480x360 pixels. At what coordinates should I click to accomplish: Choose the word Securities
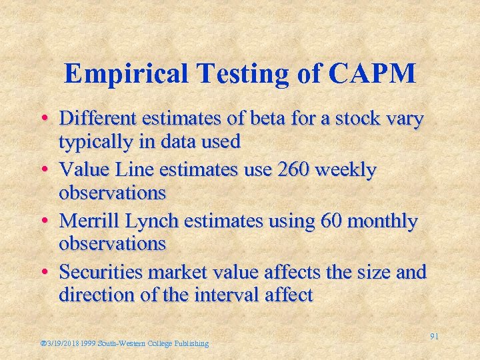coord(101,271)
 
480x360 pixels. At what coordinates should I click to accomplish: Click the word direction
coord(95,294)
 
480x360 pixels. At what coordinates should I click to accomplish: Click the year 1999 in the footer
coord(87,343)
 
